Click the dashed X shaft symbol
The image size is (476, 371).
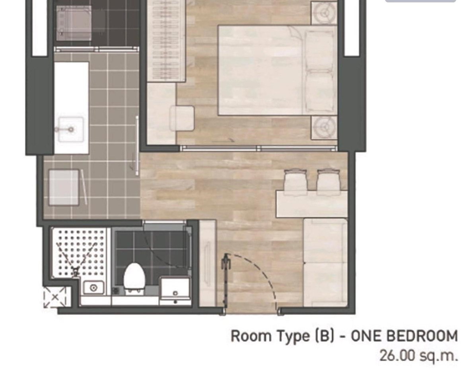click(x=54, y=297)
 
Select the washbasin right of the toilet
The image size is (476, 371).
click(x=175, y=290)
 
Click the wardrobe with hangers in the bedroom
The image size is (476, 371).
click(x=166, y=41)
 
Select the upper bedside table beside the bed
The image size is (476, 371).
click(x=324, y=13)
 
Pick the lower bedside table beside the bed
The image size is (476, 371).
click(x=324, y=127)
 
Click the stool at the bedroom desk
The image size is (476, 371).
click(x=182, y=118)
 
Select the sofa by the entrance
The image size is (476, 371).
click(x=325, y=262)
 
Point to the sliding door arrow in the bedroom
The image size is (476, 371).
click(x=223, y=141)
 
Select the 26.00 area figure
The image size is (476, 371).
click(x=397, y=355)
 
